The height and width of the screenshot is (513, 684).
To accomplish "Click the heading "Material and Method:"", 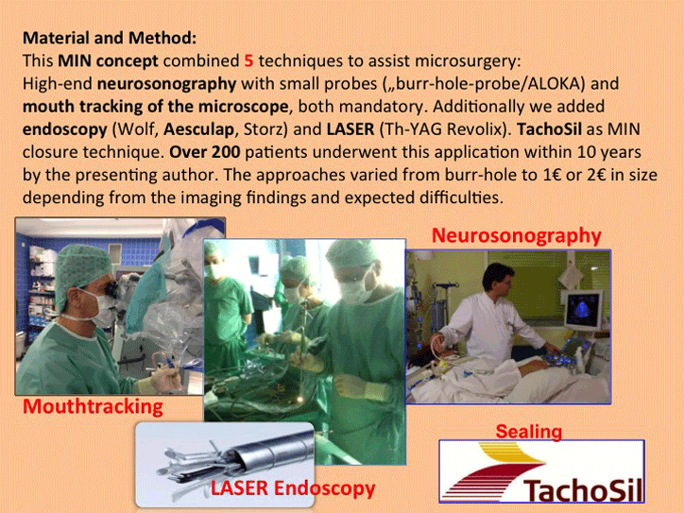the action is point(110,38).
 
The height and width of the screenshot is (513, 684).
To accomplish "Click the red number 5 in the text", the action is point(248,60).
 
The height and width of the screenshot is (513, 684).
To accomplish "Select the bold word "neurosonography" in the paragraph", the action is point(166,84).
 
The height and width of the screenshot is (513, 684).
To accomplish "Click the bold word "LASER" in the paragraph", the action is point(351,129).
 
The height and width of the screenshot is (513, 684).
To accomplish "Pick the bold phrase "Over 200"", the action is point(205,152).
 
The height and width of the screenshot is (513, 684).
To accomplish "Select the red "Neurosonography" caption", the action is point(517,235).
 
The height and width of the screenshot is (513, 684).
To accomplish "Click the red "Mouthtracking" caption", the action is point(93,406).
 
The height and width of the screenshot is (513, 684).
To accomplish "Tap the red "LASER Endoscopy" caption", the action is point(293,488).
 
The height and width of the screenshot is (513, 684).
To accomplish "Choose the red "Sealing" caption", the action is point(529,432).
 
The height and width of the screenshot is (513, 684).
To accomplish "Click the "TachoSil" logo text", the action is point(583,490).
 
